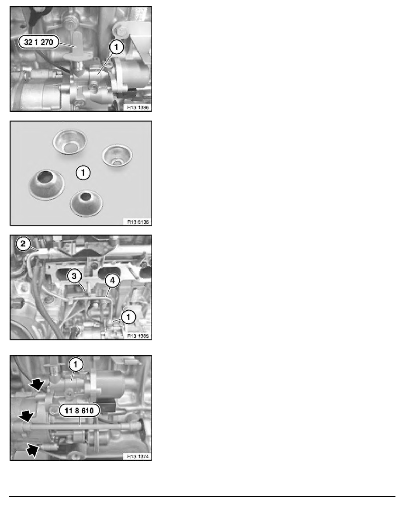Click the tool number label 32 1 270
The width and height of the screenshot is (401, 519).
click(x=38, y=42)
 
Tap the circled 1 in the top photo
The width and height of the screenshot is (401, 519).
click(x=116, y=47)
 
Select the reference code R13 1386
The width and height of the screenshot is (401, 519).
click(x=138, y=107)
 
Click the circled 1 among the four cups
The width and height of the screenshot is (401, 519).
click(x=83, y=173)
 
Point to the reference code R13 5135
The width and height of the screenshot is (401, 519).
click(x=138, y=222)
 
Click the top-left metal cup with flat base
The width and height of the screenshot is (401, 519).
click(x=70, y=142)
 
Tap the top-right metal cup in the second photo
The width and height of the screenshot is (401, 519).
click(x=117, y=155)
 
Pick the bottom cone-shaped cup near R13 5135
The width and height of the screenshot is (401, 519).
click(x=86, y=203)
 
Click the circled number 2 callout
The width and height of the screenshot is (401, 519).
click(x=23, y=244)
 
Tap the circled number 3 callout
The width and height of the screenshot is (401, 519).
click(x=74, y=276)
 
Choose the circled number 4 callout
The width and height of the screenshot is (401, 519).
click(x=112, y=280)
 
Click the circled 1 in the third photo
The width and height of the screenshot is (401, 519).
click(x=128, y=317)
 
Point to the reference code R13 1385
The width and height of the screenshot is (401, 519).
click(x=138, y=336)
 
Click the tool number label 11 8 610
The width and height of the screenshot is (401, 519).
click(x=79, y=411)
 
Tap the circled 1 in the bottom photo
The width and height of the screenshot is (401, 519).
click(x=76, y=365)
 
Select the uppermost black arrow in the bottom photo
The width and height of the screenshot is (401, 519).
click(x=36, y=384)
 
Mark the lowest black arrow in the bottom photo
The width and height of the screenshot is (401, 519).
click(x=33, y=450)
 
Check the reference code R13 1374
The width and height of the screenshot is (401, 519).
click(x=138, y=457)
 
